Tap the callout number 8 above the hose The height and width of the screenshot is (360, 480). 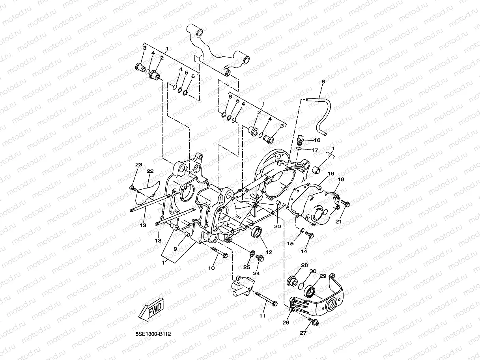tap(323, 82)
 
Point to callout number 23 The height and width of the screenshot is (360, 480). tap(138, 165)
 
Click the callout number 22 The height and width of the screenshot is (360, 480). tap(150, 171)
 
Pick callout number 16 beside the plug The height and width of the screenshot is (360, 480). tap(317, 140)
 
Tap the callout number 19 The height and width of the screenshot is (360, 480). tap(331, 174)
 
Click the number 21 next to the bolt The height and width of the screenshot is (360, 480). tap(338, 222)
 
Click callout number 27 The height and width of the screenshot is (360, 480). tap(303, 333)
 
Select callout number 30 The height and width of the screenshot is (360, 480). tap(313, 271)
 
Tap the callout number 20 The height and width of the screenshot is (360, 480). tap(277, 226)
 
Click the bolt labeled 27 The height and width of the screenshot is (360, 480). tap(314, 322)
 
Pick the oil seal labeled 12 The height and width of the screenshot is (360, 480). tap(257, 233)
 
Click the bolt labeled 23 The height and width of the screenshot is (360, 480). tap(133, 189)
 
